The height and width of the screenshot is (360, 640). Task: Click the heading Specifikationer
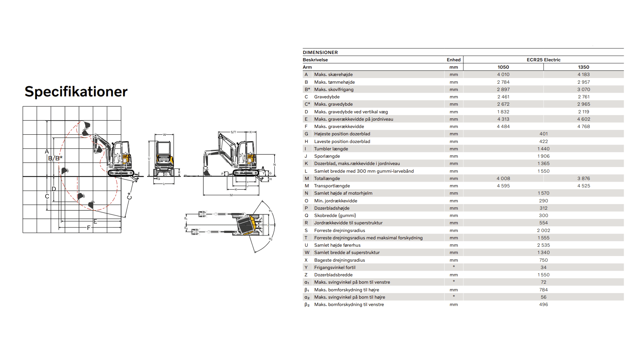pyautogui.click(x=76, y=92)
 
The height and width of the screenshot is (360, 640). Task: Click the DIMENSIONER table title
pyautogui.click(x=320, y=52)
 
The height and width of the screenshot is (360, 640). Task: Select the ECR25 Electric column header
pyautogui.click(x=543, y=60)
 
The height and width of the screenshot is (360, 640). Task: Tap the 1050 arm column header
pyautogui.click(x=503, y=67)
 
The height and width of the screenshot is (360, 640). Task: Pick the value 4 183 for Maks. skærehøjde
pyautogui.click(x=583, y=74)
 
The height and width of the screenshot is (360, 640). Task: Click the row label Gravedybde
pyautogui.click(x=327, y=97)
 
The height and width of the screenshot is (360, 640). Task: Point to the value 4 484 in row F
pyautogui.click(x=503, y=126)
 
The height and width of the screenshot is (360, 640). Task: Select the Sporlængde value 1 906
pyautogui.click(x=543, y=156)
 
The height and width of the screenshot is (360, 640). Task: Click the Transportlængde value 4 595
pyautogui.click(x=503, y=186)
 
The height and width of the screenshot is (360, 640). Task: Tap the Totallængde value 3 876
pyautogui.click(x=583, y=178)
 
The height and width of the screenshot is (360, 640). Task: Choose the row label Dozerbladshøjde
pyautogui.click(x=332, y=208)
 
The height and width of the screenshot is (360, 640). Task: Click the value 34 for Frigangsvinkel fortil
pyautogui.click(x=543, y=267)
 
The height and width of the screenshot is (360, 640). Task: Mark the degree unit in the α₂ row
pyautogui.click(x=454, y=296)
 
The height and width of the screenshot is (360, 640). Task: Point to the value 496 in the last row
pyautogui.click(x=543, y=304)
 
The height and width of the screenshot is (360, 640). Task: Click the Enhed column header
pyautogui.click(x=453, y=60)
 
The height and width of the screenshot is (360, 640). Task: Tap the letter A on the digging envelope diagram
pyautogui.click(x=47, y=152)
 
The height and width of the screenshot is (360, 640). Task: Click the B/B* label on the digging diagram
pyautogui.click(x=55, y=158)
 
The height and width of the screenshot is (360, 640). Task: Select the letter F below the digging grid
pyautogui.click(x=89, y=228)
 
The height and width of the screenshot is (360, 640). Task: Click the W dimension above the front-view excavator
pyautogui.click(x=164, y=135)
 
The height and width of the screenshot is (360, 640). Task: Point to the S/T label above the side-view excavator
pyautogui.click(x=233, y=132)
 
